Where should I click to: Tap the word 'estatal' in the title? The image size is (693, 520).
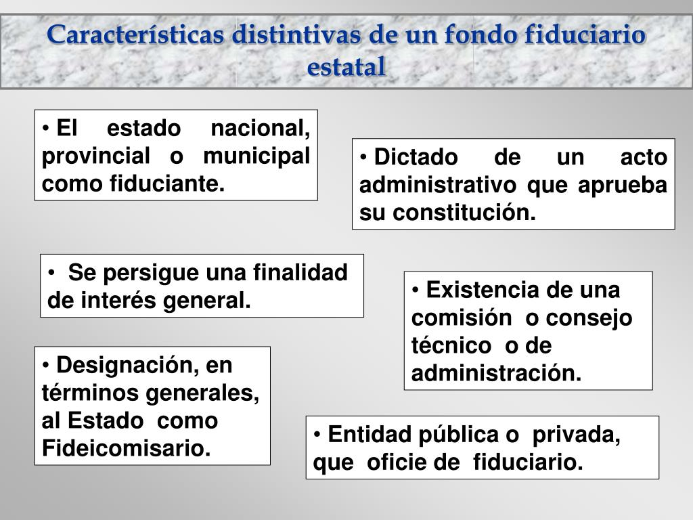pyautogui.click(x=346, y=67)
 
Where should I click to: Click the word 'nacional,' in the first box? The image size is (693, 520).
pyautogui.click(x=261, y=129)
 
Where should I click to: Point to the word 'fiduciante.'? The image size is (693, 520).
pyautogui.click(x=168, y=183)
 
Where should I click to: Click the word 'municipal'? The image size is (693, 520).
pyautogui.click(x=256, y=157)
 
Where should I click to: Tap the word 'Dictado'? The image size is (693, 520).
pyautogui.click(x=416, y=157)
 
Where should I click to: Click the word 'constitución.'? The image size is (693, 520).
pyautogui.click(x=464, y=213)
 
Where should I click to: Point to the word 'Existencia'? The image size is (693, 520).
pyautogui.click(x=483, y=290)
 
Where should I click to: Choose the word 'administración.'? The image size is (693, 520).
pyautogui.click(x=496, y=373)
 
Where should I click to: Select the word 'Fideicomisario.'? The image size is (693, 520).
pyautogui.click(x=127, y=448)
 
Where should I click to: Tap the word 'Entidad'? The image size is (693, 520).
pyautogui.click(x=370, y=434)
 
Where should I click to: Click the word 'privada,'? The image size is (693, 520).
pyautogui.click(x=577, y=435)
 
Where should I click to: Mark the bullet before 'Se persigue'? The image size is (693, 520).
pyautogui.click(x=51, y=272)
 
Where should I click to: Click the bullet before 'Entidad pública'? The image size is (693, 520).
pyautogui.click(x=317, y=435)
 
